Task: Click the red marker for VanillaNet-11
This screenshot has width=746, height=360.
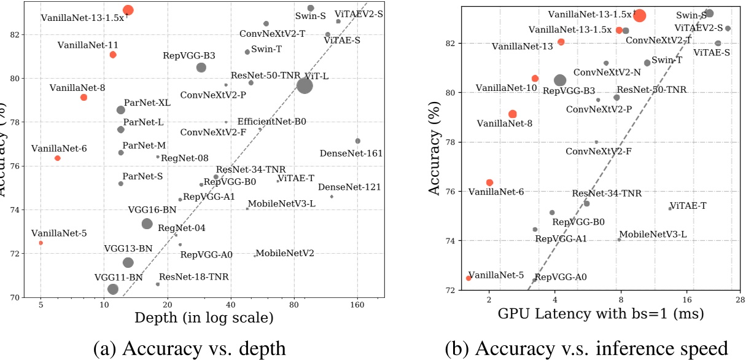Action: click(113, 55)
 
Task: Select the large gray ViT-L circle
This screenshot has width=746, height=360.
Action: click(305, 86)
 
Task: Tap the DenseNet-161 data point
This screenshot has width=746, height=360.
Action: click(358, 141)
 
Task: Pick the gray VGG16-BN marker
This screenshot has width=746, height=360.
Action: click(147, 224)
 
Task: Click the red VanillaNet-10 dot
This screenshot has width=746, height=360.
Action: click(535, 78)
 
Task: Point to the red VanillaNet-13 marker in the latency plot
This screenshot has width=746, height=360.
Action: click(561, 42)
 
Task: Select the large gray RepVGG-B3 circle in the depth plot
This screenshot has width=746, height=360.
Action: click(201, 67)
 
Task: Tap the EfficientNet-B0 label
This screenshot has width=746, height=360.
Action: click(271, 122)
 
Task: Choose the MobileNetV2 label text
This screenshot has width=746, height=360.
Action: click(285, 253)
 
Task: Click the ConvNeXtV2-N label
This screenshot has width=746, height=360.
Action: click(607, 72)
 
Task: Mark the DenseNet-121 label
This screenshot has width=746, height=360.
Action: click(349, 187)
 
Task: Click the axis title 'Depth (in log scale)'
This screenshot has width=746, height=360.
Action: click(204, 318)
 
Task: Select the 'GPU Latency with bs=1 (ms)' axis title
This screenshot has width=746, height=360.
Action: click(601, 313)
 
